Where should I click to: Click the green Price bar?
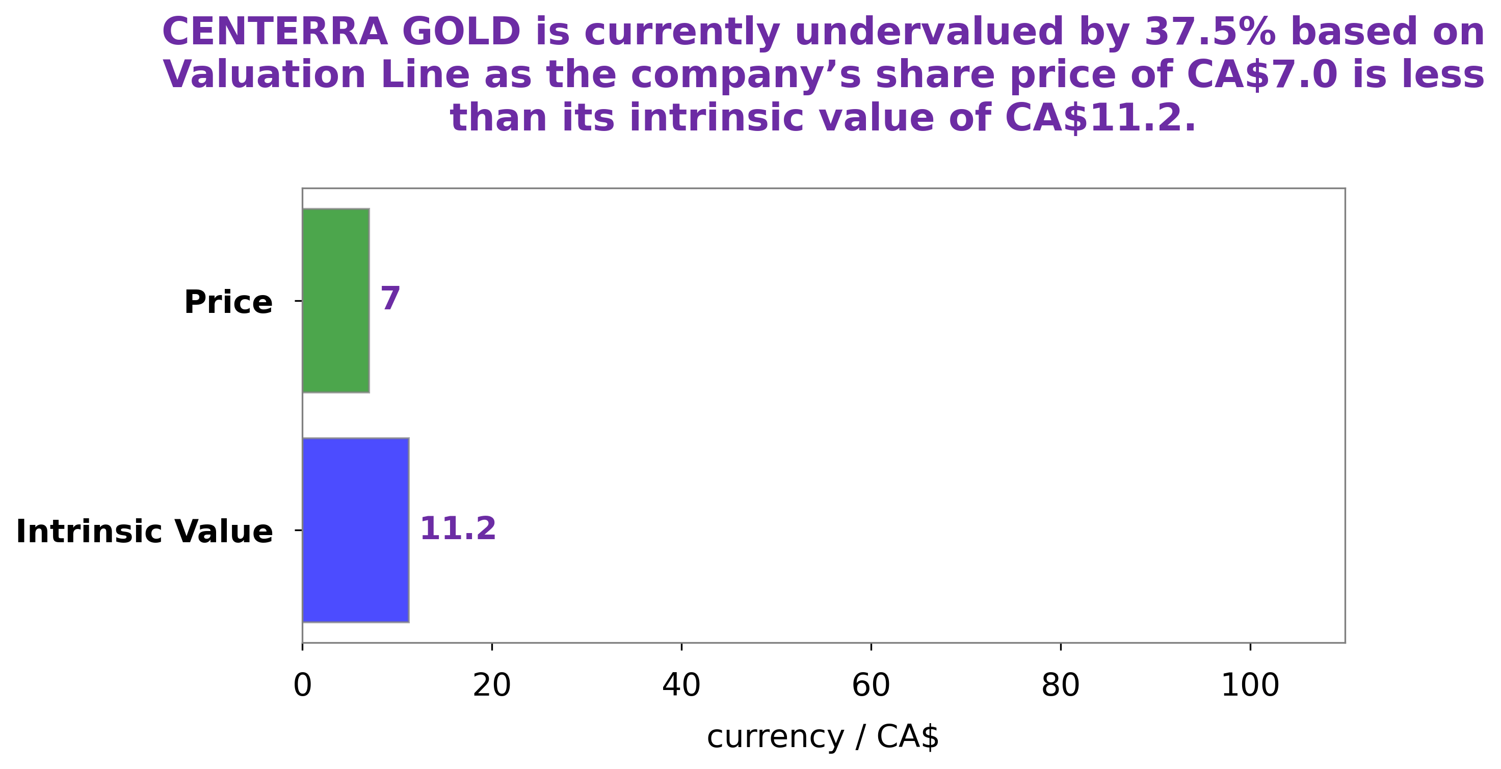click(x=336, y=301)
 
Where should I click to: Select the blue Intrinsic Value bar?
click(x=355, y=530)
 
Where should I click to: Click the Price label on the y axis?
click(x=228, y=302)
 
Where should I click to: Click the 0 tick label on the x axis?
click(x=302, y=686)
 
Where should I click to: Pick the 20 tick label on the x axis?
click(x=492, y=686)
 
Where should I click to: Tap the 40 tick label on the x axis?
click(x=681, y=686)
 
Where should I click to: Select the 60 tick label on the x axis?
click(x=871, y=686)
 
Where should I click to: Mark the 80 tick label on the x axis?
click(x=1061, y=686)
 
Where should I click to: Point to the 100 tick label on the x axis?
click(x=1250, y=686)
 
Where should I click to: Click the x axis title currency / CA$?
click(x=823, y=737)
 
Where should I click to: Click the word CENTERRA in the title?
click(x=274, y=32)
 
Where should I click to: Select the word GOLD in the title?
click(x=461, y=32)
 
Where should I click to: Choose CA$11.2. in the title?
click(x=1100, y=118)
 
